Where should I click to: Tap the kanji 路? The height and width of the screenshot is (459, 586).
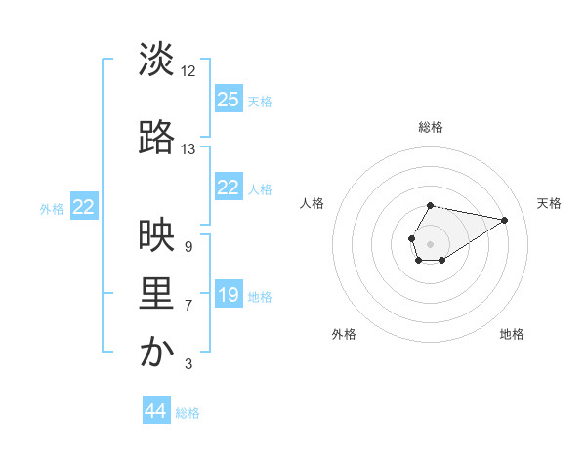157,138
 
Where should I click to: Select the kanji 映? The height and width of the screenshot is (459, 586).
157,235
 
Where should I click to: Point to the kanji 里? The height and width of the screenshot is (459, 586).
157,295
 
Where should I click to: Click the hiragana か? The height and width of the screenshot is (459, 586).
157,354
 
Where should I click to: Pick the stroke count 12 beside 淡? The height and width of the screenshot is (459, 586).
188,70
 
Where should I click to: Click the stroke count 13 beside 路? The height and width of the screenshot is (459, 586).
188,149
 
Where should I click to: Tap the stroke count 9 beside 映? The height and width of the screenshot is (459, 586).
188,247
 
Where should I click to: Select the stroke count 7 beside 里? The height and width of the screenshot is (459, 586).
188,306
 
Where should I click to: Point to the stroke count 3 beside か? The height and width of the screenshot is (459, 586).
188,365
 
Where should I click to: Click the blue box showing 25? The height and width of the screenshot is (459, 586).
229,100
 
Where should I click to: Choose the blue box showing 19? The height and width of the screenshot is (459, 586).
229,295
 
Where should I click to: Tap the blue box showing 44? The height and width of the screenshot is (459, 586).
156,411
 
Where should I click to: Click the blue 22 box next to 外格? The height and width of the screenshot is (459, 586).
84,207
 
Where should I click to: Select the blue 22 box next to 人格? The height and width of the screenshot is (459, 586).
229,188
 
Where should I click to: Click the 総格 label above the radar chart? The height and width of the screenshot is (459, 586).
431,127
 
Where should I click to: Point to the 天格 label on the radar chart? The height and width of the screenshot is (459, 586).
549,203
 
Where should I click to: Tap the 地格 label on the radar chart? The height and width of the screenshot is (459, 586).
512,334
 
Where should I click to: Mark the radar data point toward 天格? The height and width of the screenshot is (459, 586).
505,219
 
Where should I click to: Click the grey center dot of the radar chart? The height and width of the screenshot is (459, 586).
430,242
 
